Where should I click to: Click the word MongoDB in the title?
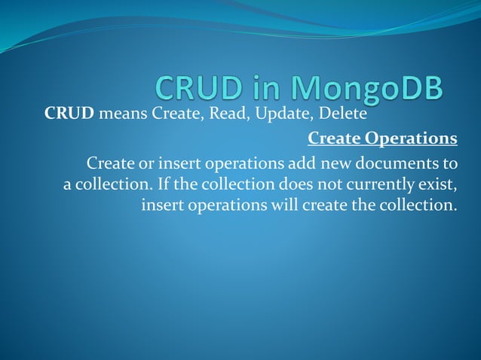[367, 88]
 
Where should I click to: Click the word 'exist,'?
[438, 184]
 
